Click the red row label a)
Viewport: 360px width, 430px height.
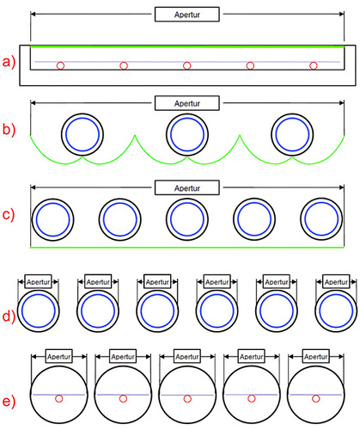[x=9, y=62]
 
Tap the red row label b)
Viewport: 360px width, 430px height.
[x=9, y=129]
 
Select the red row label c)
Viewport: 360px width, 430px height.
[x=9, y=215]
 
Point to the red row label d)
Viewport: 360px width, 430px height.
[x=9, y=316]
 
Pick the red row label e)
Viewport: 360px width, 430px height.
[x=9, y=401]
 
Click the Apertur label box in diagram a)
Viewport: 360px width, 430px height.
[x=187, y=15]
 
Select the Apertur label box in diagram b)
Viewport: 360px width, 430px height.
[x=187, y=103]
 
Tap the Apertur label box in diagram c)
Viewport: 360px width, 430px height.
[x=187, y=187]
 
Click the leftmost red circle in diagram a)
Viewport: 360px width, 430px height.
[x=60, y=65]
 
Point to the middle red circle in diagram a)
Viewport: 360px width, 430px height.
[x=186, y=65]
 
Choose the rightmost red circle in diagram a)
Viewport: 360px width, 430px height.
[x=314, y=65]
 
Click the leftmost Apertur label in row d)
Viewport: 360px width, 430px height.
[x=38, y=282]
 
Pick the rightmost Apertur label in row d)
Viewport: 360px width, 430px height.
[x=336, y=282]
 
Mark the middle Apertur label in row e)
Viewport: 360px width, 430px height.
[x=187, y=356]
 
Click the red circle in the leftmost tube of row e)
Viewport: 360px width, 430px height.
[x=58, y=398]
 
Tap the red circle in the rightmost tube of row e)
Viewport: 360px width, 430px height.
[x=315, y=398]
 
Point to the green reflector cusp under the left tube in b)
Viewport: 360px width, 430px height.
[x=82, y=157]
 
